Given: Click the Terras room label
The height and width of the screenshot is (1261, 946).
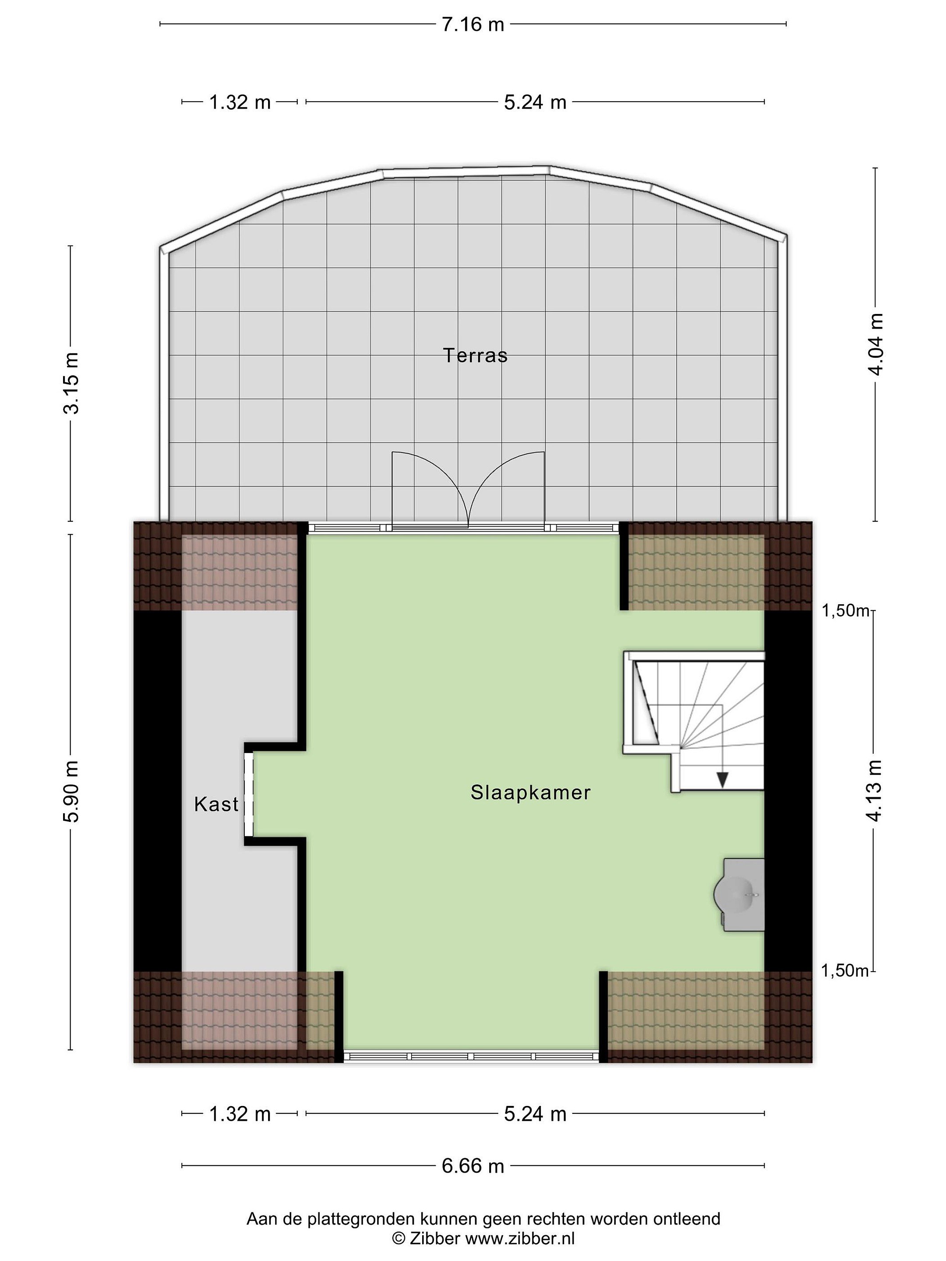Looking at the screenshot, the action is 475,355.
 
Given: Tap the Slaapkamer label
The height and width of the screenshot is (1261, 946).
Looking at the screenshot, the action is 530,793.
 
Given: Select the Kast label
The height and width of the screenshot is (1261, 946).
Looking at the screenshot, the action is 216,804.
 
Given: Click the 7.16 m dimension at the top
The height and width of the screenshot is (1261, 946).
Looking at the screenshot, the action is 473,25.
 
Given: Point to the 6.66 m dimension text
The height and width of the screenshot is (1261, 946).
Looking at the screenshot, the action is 473,1166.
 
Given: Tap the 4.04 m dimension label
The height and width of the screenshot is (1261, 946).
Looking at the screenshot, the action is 875,344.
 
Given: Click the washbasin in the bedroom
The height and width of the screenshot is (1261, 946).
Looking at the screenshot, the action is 740,895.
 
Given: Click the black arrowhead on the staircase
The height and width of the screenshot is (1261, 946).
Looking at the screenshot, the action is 723,780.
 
